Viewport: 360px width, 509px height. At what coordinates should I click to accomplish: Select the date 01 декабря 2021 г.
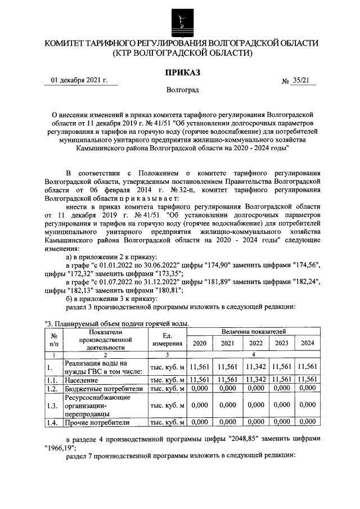(x=79, y=80)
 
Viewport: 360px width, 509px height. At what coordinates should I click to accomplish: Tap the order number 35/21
(x=301, y=81)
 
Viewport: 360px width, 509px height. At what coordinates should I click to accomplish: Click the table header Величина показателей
(x=253, y=332)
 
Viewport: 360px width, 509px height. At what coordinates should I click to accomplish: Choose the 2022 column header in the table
(x=256, y=343)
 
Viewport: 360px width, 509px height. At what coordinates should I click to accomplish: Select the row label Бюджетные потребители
(x=100, y=389)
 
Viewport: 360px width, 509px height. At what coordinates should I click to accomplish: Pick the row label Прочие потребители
(x=97, y=422)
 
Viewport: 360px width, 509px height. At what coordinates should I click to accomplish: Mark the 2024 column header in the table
(x=307, y=343)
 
